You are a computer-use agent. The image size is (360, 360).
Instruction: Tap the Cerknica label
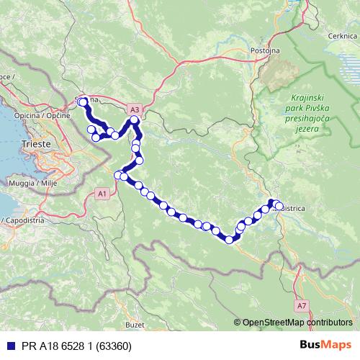(x=335, y=35)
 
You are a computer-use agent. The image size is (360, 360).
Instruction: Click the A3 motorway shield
(x=135, y=109)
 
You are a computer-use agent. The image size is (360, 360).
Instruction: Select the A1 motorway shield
(x=102, y=193)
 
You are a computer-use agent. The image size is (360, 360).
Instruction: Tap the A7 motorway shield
(x=300, y=305)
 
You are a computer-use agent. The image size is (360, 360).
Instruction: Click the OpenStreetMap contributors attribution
(x=297, y=323)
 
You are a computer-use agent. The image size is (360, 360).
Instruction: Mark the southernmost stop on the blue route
(x=230, y=240)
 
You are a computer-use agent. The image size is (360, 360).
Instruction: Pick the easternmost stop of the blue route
(x=279, y=207)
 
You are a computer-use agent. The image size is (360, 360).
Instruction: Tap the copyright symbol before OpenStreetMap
(x=238, y=323)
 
